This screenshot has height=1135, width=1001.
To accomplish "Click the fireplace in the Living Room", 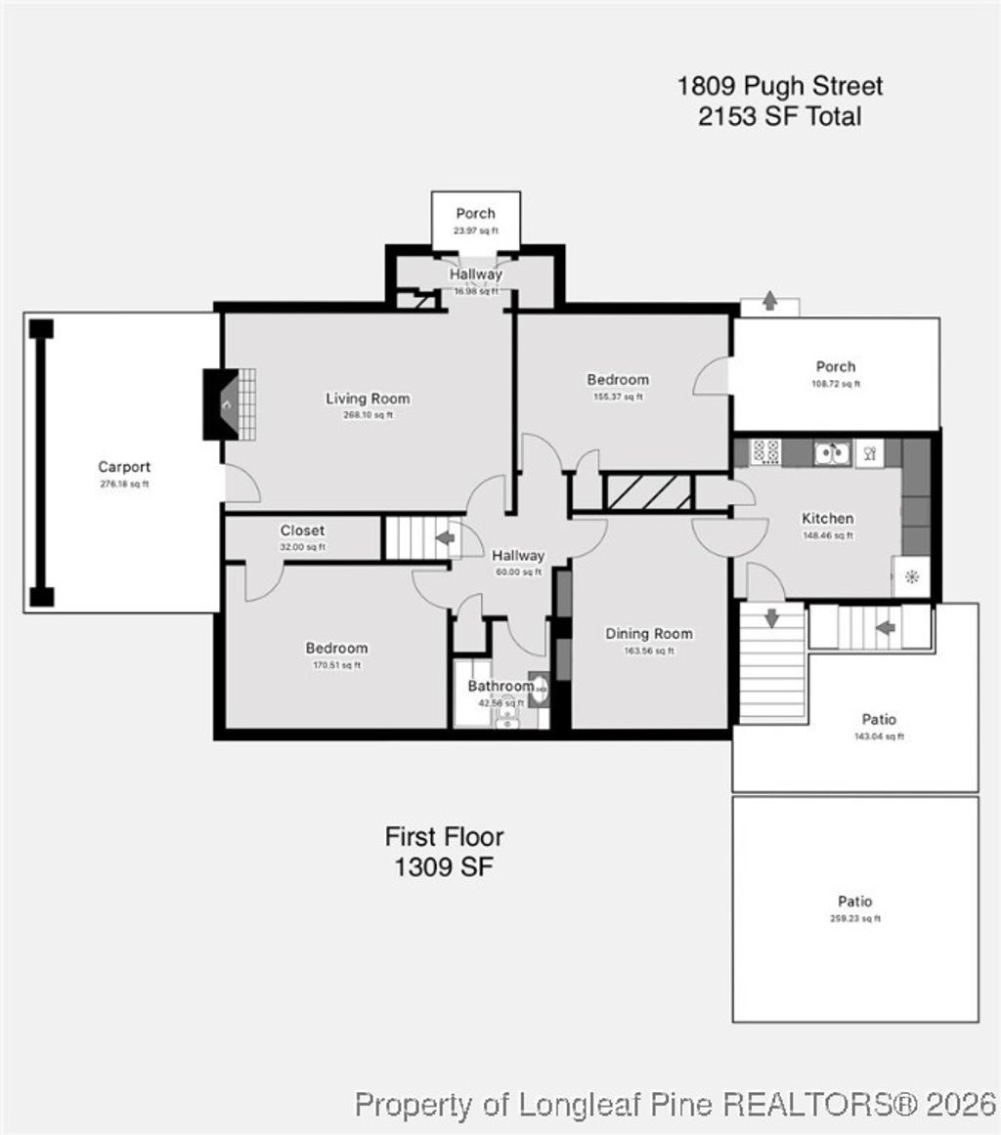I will pos(222,403).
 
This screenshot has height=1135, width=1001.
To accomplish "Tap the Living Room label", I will pos(368,399).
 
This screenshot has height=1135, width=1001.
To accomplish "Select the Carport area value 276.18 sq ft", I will pos(124,483).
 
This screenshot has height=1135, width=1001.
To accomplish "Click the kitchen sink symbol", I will pos(832,452).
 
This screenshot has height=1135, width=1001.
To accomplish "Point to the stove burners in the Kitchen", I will pos(764,452).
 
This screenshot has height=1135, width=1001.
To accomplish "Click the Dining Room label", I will pos(649,634).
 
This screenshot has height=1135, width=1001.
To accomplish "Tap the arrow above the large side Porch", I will pos(769,302).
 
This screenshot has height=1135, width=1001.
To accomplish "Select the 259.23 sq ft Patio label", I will pos(854,902).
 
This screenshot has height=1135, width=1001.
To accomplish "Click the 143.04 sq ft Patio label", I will pos(879,720).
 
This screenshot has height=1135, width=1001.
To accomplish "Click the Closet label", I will pos(302,530).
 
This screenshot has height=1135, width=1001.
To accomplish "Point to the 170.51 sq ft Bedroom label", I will pos(336,649).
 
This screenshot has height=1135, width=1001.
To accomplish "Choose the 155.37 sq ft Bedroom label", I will pos(618,380).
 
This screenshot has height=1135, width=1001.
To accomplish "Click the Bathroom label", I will pos(500,686).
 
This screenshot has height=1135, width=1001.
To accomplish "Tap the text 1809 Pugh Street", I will pos(779,86).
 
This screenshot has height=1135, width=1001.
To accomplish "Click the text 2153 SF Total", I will pos(779,117).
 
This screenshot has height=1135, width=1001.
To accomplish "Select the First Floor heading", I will pos(444,837).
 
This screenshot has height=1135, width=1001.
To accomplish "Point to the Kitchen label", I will pos(827,519).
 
